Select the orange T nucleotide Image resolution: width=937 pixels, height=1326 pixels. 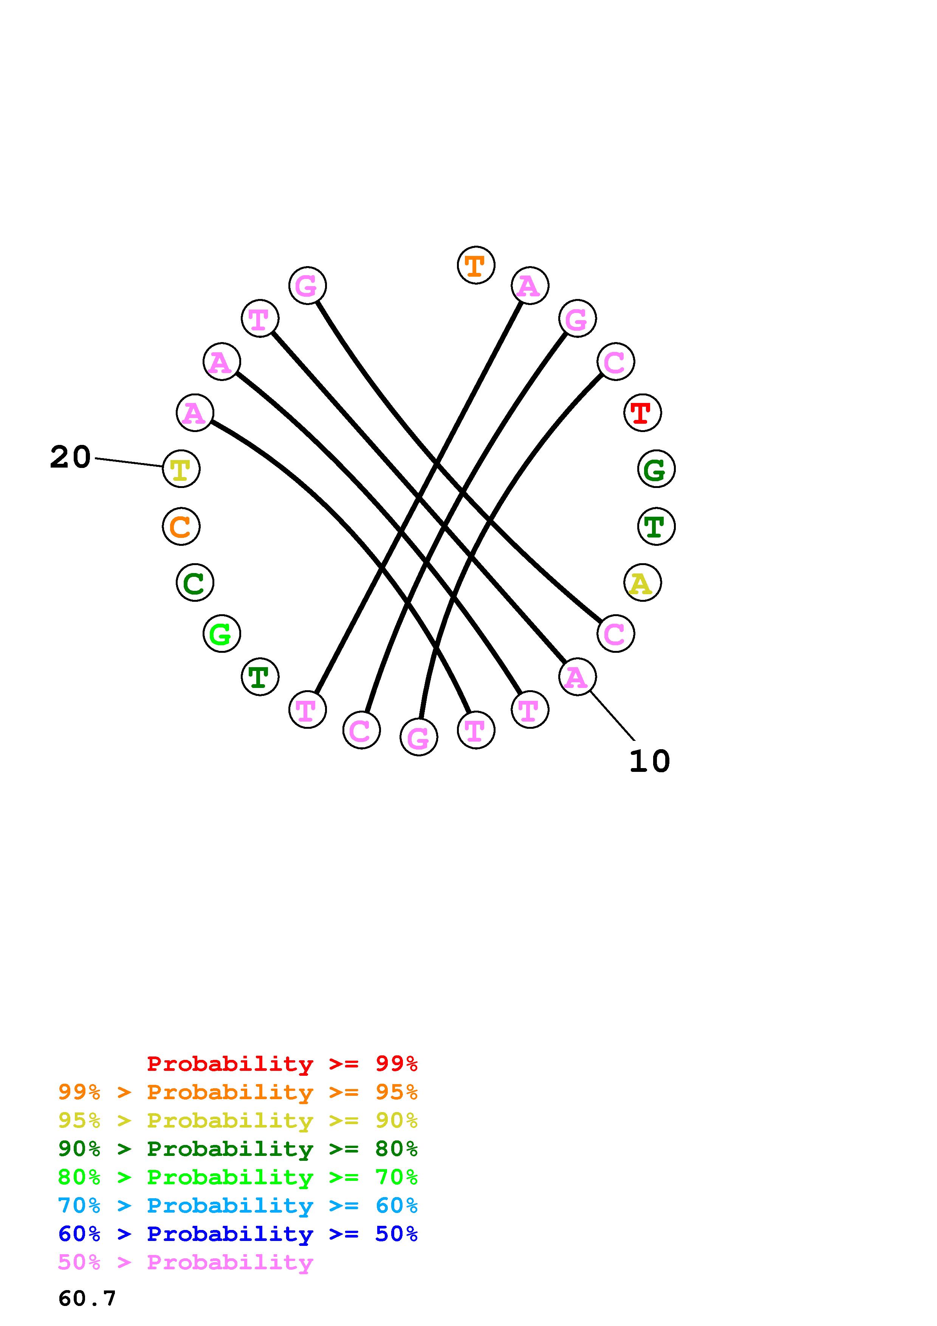point(476,265)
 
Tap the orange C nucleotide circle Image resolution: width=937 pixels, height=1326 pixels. point(181,526)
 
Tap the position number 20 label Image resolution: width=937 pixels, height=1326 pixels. point(70,457)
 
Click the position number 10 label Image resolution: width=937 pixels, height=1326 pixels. point(649,761)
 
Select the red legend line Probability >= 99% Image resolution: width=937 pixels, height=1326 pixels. point(282,1063)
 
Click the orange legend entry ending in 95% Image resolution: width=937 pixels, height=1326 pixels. point(238,1092)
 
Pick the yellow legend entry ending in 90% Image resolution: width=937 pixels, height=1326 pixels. point(238,1120)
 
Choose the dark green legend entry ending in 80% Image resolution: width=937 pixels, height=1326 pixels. point(238,1149)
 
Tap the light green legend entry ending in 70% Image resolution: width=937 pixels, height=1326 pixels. point(238,1177)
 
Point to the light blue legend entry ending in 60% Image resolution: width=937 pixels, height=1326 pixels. point(238,1205)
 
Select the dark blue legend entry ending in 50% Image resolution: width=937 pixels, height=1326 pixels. point(238,1234)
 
